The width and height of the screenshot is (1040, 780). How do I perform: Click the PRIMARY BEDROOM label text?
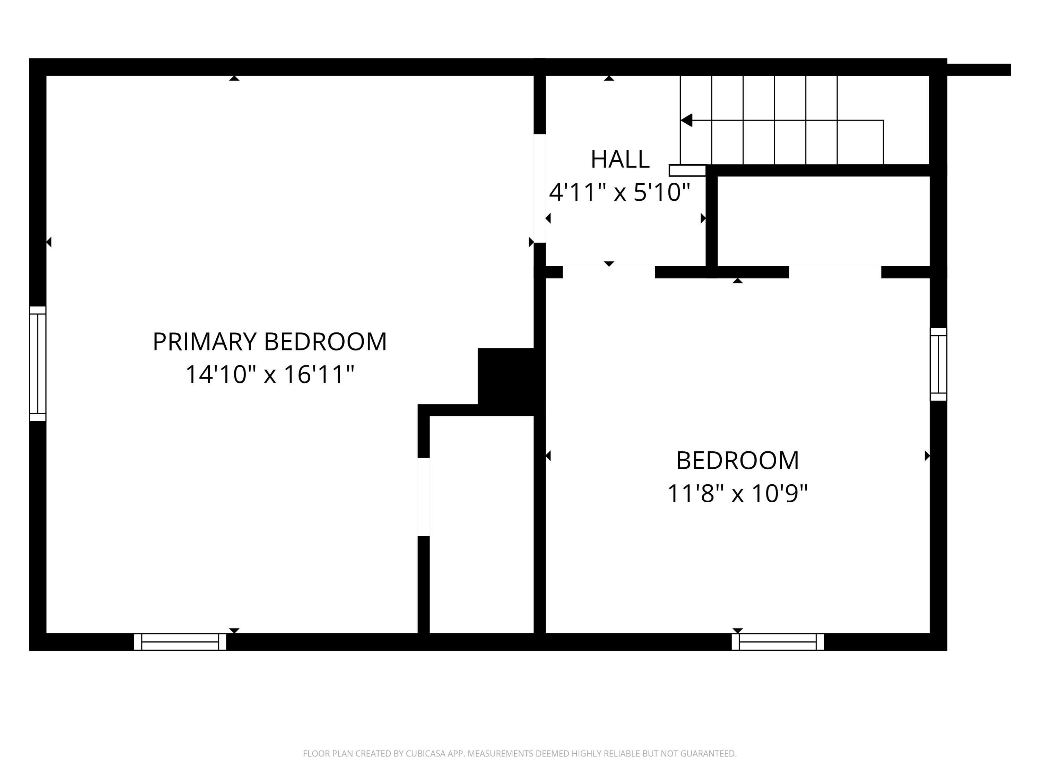click(x=269, y=342)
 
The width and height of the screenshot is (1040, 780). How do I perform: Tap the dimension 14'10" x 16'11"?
click(x=269, y=375)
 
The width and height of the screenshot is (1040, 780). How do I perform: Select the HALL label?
click(x=620, y=159)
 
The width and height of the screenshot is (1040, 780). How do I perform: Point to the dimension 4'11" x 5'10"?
click(x=620, y=192)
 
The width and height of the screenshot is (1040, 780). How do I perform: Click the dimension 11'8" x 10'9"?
click(x=737, y=494)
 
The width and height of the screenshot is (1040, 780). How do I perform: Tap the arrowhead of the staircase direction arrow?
click(x=687, y=120)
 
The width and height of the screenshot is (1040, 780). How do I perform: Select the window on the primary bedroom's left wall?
click(x=37, y=363)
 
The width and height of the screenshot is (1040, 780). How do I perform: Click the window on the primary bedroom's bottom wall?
click(x=180, y=642)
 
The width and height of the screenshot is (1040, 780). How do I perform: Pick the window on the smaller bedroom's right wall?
click(x=938, y=364)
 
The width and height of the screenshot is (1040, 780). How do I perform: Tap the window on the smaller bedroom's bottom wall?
click(x=778, y=642)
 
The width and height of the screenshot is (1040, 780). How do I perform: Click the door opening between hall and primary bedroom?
click(x=539, y=188)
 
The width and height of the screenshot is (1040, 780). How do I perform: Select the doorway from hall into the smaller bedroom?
click(x=608, y=272)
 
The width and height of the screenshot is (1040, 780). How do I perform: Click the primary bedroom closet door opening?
click(x=424, y=496)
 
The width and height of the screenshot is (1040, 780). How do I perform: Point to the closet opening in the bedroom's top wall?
click(x=834, y=272)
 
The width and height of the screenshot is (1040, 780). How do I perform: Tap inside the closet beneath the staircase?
click(x=823, y=221)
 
